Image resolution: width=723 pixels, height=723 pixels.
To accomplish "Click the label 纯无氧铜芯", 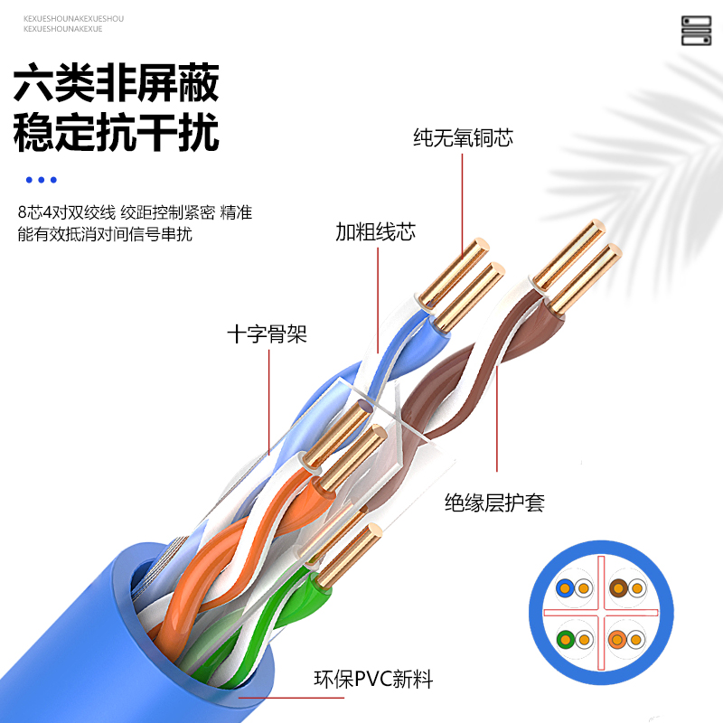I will click(x=464, y=138).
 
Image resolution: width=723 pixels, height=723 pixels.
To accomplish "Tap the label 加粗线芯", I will click(x=375, y=232).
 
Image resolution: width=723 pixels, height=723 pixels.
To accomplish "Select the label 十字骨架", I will click(x=267, y=334).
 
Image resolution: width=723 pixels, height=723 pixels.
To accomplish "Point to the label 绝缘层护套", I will click(x=494, y=502).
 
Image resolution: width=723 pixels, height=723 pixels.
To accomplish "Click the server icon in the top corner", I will click(x=696, y=30).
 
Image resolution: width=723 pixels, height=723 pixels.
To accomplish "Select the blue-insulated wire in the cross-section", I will click(x=564, y=589).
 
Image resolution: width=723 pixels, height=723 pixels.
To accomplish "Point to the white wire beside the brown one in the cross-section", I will click(x=638, y=589).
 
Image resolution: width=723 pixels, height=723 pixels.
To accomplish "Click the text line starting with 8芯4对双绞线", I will click(x=134, y=213).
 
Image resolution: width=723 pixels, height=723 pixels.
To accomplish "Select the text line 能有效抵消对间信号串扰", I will click(x=105, y=234).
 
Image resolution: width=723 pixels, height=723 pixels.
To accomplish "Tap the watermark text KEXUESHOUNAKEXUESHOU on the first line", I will click(x=73, y=18).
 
